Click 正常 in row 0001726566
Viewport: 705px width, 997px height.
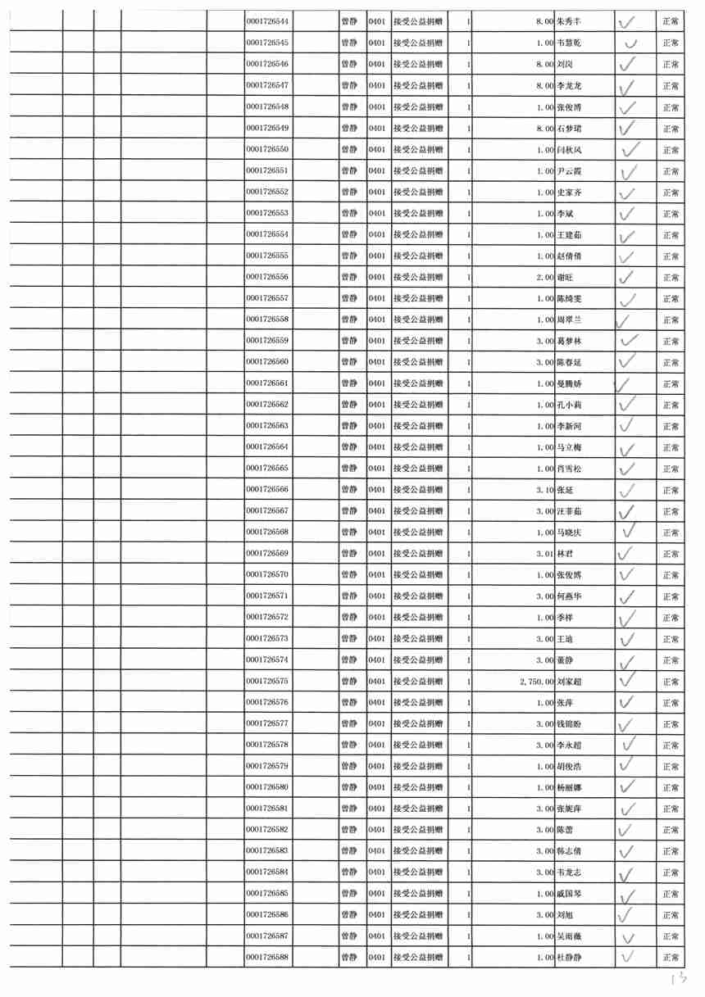click(671, 490)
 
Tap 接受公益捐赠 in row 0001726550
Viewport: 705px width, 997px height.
click(418, 150)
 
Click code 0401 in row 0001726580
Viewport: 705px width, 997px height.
click(377, 787)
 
